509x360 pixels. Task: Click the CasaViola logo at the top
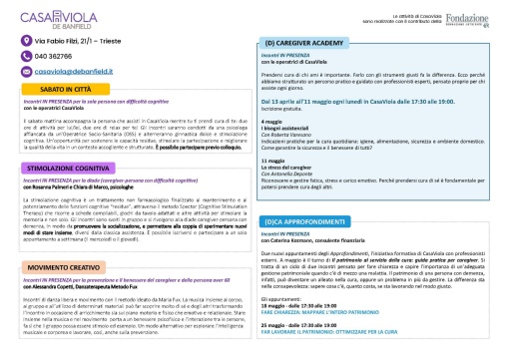click(x=65, y=15)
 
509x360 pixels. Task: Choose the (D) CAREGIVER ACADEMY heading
click(x=305, y=44)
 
